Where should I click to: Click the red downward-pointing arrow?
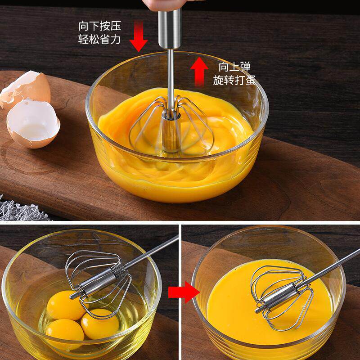[x=139, y=36]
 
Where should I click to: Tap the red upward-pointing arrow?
[x=199, y=72]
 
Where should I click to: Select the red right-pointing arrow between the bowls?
[x=184, y=292]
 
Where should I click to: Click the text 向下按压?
[x=99, y=26]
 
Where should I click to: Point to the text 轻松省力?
[x=99, y=39]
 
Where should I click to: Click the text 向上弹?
[x=234, y=67]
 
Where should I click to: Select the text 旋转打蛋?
[x=234, y=80]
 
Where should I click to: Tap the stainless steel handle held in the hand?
[x=170, y=29]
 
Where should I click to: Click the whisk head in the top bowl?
[x=171, y=125]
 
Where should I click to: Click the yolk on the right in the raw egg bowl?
[x=100, y=324]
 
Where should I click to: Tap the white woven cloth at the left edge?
[x=22, y=209]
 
